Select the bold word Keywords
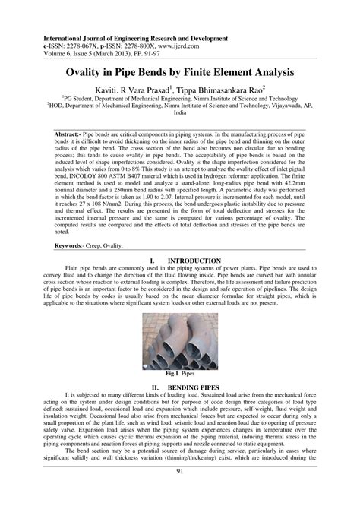[69, 247]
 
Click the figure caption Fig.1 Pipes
[180, 374]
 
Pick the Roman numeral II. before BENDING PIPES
[155, 387]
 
